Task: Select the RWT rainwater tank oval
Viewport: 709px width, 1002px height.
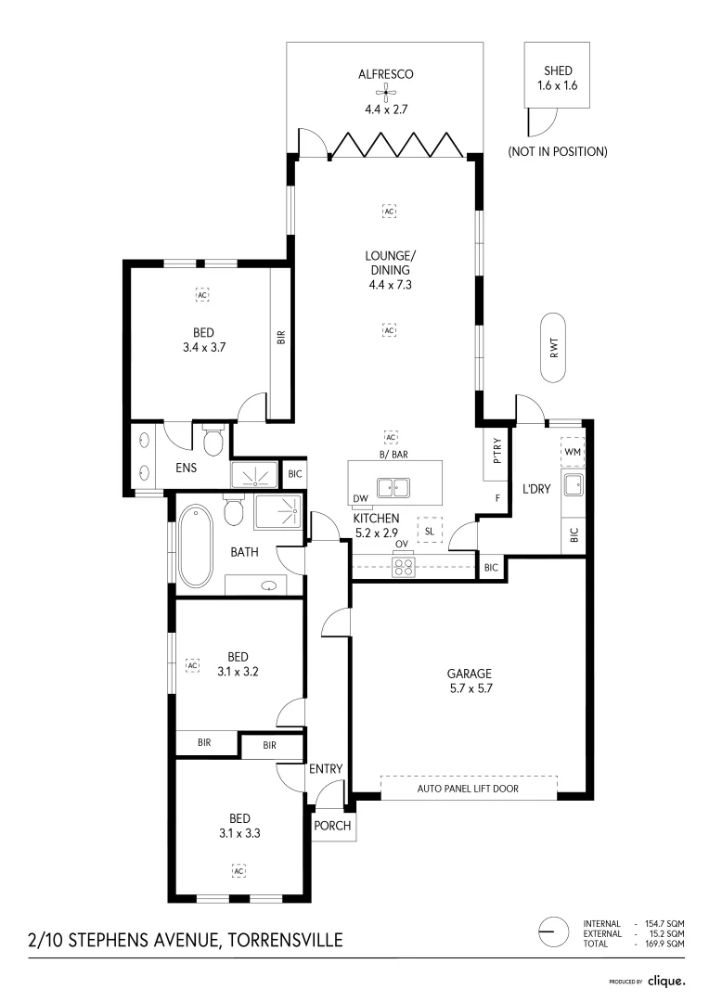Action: coord(554,348)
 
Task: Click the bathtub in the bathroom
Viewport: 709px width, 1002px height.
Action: coord(195,546)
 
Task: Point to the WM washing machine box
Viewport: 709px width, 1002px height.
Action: coord(573,451)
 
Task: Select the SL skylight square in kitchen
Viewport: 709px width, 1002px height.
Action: coord(430,530)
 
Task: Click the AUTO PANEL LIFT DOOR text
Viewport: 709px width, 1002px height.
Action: coord(470,790)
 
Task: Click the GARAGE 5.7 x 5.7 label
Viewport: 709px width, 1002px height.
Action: coord(468,681)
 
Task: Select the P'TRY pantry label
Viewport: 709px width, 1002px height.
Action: coord(497,450)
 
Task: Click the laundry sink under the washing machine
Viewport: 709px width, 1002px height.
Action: coord(574,482)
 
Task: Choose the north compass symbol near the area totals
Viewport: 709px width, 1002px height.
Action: coord(553,931)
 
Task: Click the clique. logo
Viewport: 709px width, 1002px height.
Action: coord(666,981)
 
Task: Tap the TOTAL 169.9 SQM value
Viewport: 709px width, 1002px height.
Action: coord(664,944)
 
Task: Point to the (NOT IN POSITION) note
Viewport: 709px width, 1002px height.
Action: coord(557,151)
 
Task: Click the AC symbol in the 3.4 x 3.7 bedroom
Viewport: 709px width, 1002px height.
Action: coord(202,295)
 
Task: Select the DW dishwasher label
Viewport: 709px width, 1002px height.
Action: coord(360,499)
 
